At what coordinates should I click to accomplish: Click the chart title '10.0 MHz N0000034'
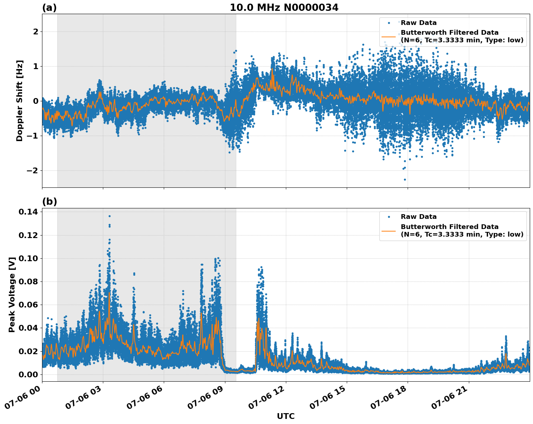click(284, 8)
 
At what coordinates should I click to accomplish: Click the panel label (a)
click(49, 8)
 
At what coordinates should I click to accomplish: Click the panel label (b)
click(49, 202)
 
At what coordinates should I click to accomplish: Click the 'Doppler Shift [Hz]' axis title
click(20, 101)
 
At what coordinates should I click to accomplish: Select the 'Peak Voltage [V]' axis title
click(12, 294)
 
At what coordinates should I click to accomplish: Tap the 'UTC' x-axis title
click(286, 416)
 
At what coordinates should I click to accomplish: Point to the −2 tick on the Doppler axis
click(33, 170)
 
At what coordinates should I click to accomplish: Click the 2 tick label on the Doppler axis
click(36, 31)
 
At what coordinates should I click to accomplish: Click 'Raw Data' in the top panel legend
click(419, 23)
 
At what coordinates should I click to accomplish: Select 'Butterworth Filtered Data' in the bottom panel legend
click(449, 227)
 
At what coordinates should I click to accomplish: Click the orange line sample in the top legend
click(389, 36)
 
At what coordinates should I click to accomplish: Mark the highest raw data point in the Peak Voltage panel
click(109, 216)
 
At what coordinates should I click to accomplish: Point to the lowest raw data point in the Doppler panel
click(405, 179)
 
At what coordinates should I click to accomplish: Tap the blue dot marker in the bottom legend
click(389, 217)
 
